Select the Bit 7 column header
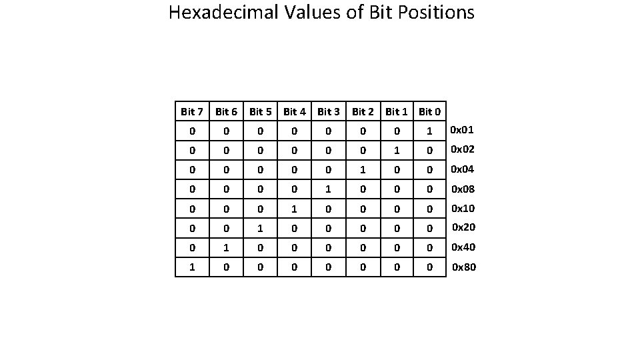[192, 111]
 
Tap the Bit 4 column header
[294, 111]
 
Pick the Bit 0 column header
[429, 111]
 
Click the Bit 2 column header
[362, 111]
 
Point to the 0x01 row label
[462, 129]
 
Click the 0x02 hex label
[463, 149]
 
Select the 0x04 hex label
[463, 169]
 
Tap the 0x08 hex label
[463, 189]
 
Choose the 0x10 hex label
[463, 209]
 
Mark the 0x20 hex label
[463, 228]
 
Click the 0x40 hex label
[463, 247]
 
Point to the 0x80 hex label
[464, 267]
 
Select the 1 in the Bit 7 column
[192, 267]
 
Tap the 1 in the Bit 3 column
[328, 189]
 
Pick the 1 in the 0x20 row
[260, 229]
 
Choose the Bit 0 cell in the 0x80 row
[429, 267]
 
